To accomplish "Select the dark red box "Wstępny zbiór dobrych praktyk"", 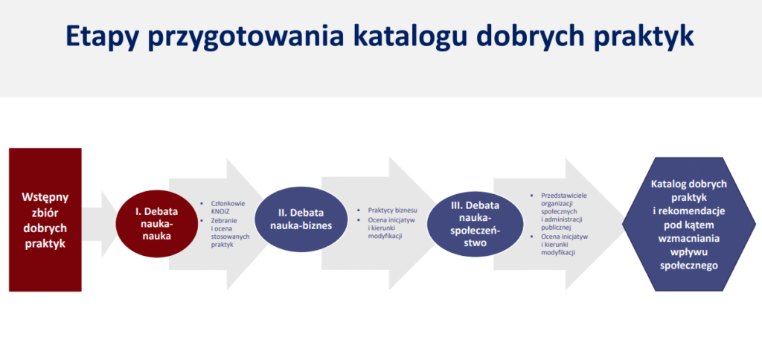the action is tap(45, 219).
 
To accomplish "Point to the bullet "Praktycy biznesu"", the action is tap(393, 210).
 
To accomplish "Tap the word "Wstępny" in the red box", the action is tap(45, 198).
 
